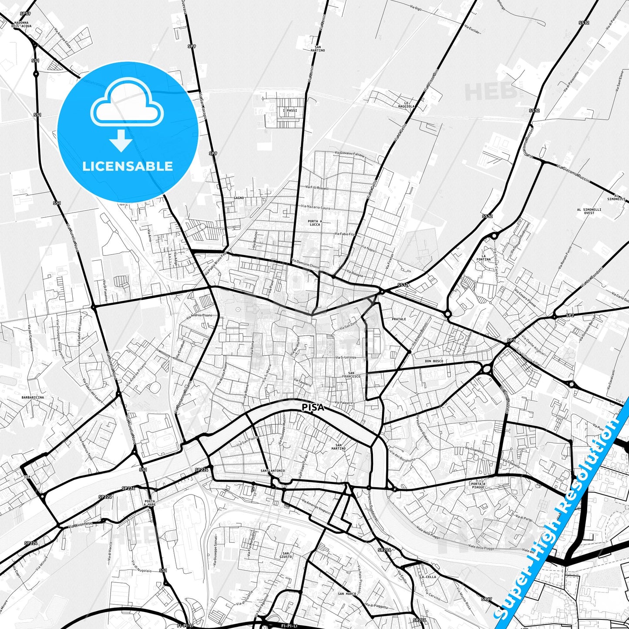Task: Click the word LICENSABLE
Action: tap(128, 166)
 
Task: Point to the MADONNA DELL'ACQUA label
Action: tap(21, 24)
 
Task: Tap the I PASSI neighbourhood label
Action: tap(290, 111)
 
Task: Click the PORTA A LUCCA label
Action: tap(314, 223)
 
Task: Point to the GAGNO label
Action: tap(239, 198)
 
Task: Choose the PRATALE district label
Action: tap(398, 319)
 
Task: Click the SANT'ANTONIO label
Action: tap(272, 471)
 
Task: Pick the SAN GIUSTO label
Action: tap(286, 555)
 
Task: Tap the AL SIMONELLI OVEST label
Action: tap(589, 211)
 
